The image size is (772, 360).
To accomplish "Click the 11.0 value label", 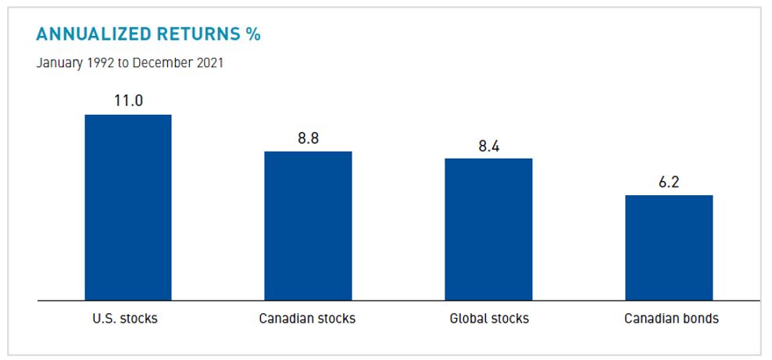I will (x=128, y=101).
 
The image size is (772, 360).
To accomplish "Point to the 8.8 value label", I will (x=309, y=138).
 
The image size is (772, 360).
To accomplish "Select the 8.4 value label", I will (x=489, y=145).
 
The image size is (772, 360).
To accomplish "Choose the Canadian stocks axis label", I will (x=308, y=319).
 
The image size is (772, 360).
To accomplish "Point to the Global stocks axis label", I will (x=489, y=319).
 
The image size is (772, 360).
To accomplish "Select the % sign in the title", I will (x=253, y=34).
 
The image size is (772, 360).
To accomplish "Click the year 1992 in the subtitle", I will (x=100, y=62).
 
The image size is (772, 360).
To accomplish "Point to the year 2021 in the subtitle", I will (x=208, y=62).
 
